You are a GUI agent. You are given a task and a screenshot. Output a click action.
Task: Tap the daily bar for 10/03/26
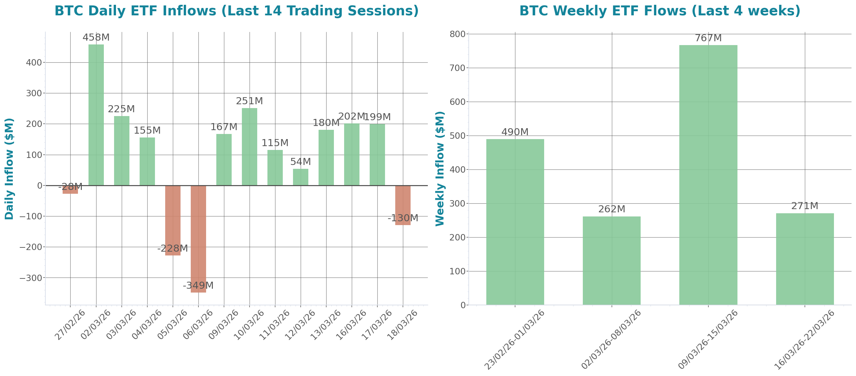[250, 147]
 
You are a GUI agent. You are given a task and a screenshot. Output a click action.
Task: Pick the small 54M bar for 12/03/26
[301, 177]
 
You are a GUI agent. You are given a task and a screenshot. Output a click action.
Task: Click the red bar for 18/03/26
[403, 205]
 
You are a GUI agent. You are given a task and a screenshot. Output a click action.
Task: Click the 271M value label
[805, 206]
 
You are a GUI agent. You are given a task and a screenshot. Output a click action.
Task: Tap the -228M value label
[173, 248]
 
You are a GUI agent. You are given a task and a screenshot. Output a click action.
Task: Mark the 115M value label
[275, 143]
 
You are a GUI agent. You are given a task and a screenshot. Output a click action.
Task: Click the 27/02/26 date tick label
[70, 325]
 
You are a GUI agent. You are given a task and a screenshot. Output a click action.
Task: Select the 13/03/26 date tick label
[326, 325]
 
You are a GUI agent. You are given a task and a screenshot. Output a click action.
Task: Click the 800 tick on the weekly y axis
[457, 34]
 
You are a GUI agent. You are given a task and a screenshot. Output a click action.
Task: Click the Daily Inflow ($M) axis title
[9, 168]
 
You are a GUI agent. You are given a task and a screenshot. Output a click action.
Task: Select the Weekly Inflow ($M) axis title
[440, 168]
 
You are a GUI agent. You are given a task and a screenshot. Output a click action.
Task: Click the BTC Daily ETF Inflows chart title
[236, 11]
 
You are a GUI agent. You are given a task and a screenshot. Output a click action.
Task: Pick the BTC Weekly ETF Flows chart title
[659, 11]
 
